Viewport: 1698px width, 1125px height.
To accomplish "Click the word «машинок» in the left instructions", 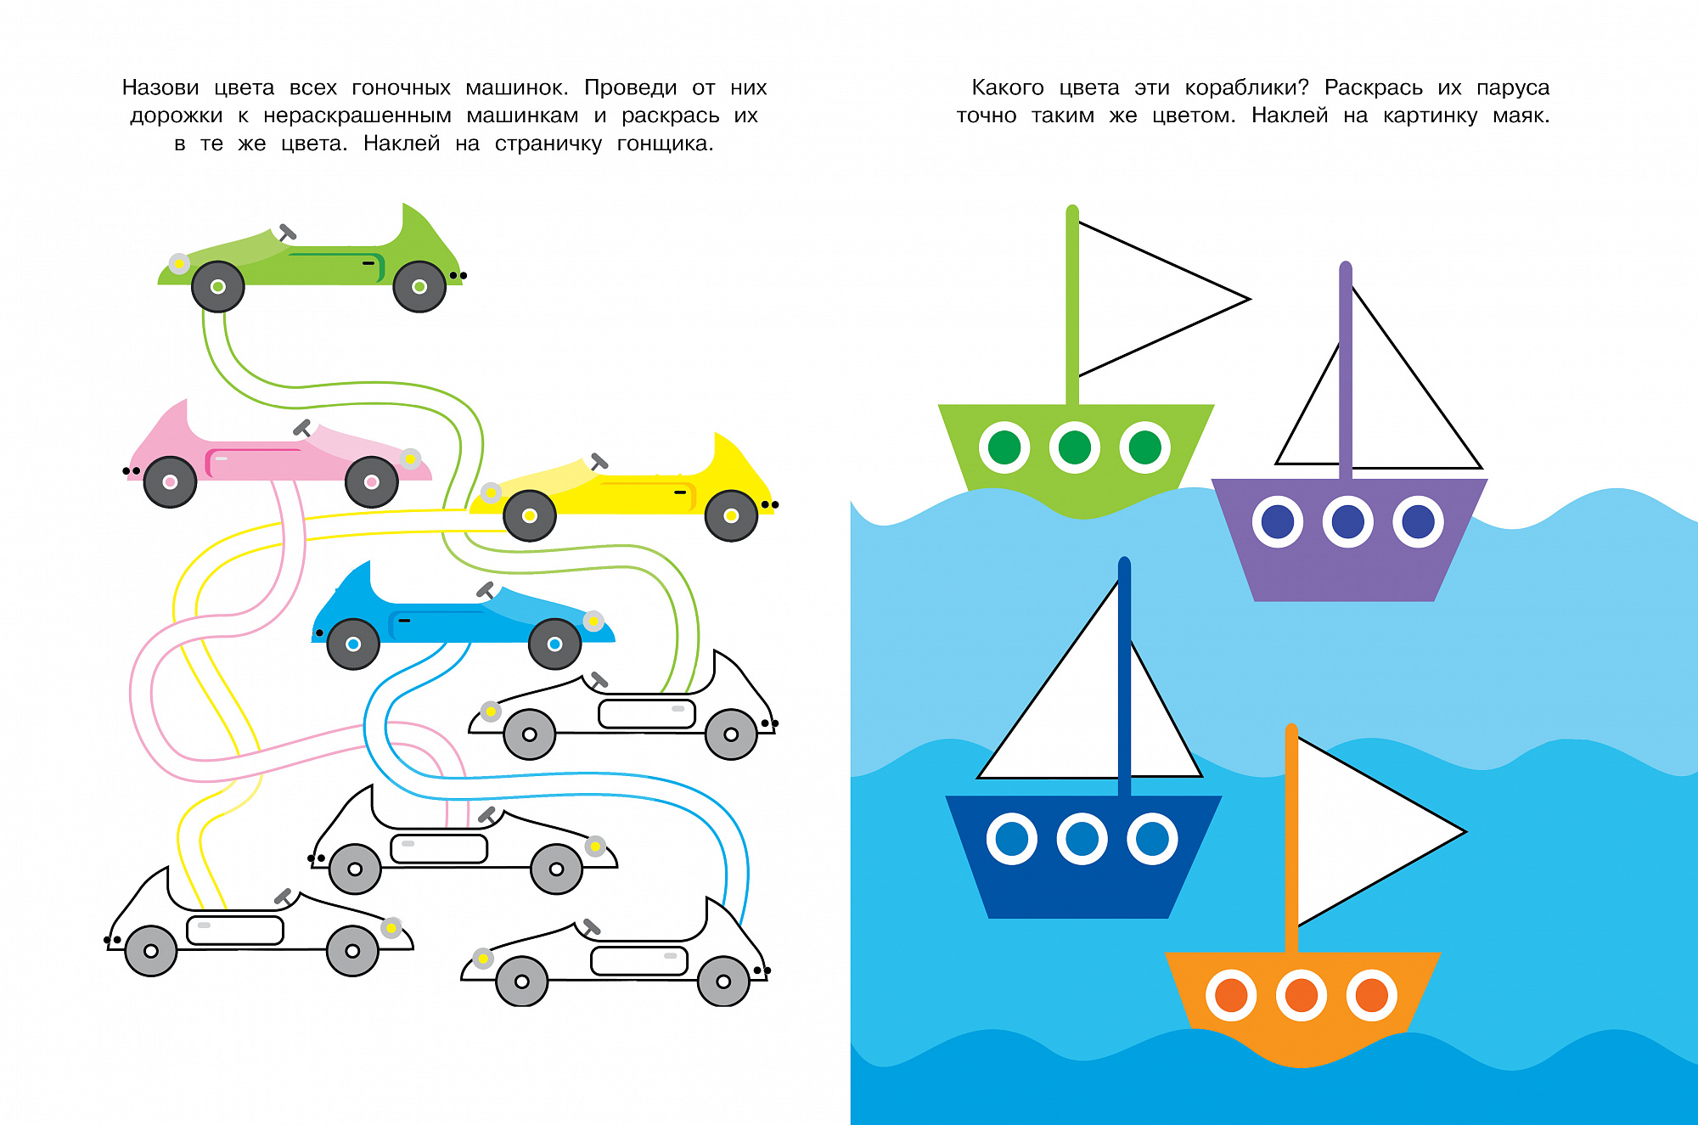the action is click(x=517, y=87).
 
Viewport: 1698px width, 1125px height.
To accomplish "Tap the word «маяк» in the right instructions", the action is click(x=1521, y=115).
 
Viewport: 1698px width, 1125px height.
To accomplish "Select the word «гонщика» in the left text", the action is click(x=665, y=144).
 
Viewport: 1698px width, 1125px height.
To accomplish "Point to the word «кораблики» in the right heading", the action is click(x=1246, y=87).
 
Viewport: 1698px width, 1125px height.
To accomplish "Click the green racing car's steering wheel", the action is click(x=287, y=232).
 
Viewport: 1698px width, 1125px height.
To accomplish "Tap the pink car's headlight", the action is click(x=410, y=458).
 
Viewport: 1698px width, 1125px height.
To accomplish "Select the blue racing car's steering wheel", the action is click(x=485, y=590).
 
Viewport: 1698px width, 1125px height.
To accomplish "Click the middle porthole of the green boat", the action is click(x=1075, y=447).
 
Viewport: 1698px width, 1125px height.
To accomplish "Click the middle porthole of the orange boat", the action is click(x=1302, y=995).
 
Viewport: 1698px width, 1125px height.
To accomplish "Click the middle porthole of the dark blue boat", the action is click(x=1082, y=839).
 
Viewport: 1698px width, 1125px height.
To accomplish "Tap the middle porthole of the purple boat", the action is click(x=1348, y=521).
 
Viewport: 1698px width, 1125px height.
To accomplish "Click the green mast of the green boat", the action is click(x=1072, y=306).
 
